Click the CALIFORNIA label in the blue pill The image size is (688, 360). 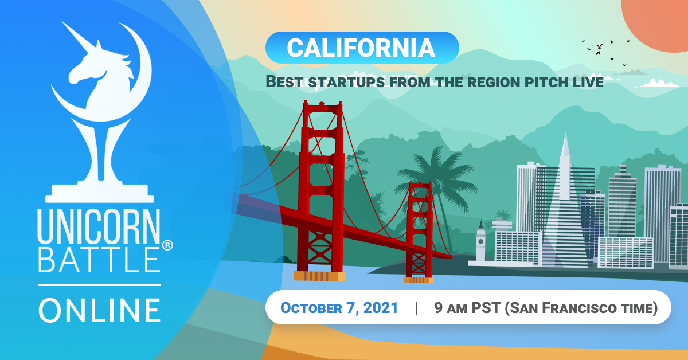(361, 48)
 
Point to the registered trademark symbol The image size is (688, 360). (167, 245)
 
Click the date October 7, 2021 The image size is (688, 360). (339, 308)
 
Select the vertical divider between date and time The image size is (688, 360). (416, 308)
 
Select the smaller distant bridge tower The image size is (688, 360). (419, 229)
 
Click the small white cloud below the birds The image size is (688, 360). (658, 84)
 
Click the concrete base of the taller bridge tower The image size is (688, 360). (319, 276)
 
